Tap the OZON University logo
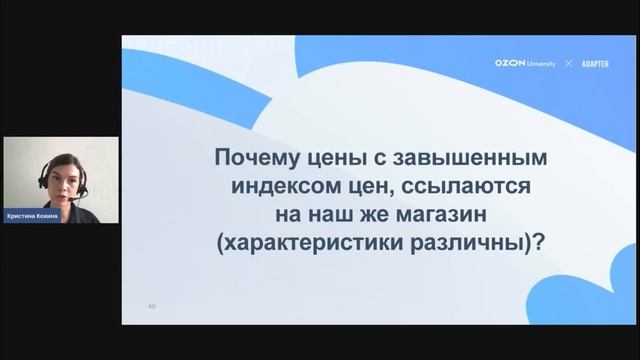pyautogui.click(x=525, y=63)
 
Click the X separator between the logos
pyautogui.click(x=568, y=63)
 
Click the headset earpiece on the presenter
pyautogui.click(x=44, y=181)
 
